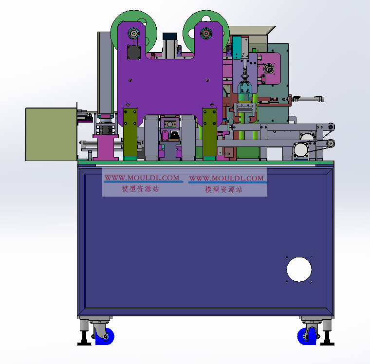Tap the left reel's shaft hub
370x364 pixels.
point(133,34)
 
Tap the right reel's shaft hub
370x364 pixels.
point(206,34)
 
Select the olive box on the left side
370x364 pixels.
point(51,134)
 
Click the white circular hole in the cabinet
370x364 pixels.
point(299,270)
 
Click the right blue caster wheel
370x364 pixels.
point(306,336)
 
